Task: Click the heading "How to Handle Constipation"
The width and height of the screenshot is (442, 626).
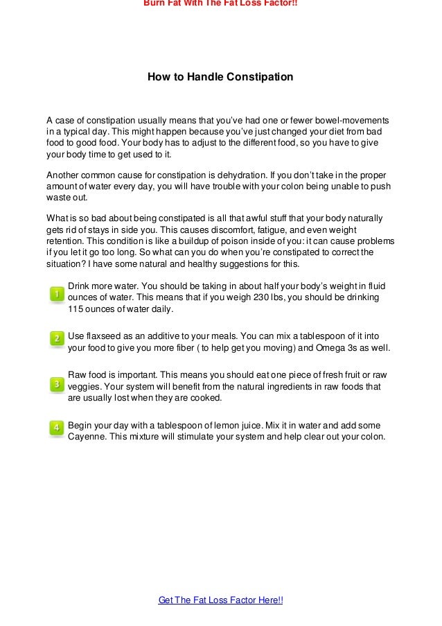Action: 220,77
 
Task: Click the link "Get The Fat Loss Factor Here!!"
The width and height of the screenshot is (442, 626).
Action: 220,600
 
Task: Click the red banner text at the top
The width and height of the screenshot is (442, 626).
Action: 220,3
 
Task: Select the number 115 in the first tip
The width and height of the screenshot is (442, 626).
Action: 76,309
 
